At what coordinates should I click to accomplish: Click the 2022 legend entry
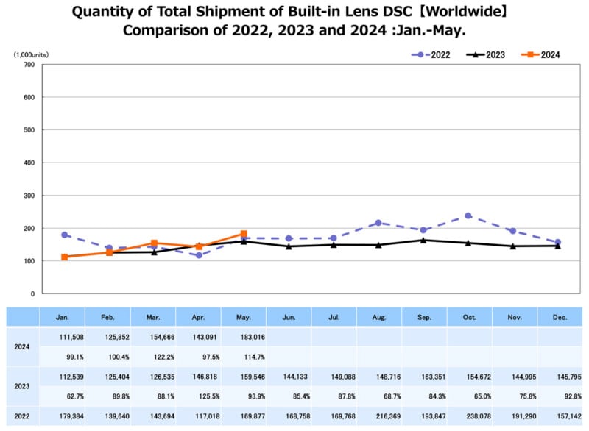432,54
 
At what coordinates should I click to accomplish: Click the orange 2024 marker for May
244,234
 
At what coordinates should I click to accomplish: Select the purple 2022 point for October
468,215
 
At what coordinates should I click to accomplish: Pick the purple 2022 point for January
65,235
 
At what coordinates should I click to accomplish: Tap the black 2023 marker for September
423,240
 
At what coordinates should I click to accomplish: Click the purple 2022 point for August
378,223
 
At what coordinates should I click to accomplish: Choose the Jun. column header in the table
289,316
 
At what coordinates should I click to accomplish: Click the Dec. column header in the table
559,316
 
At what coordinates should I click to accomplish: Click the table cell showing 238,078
469,415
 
